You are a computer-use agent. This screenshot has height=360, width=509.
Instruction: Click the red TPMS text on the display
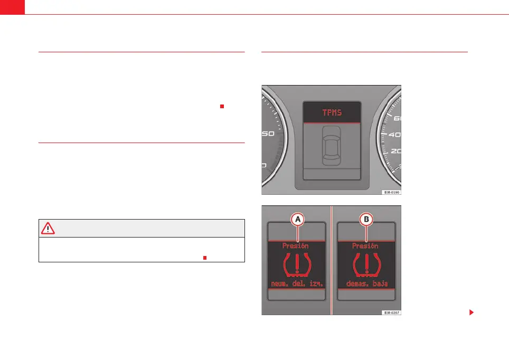(x=331, y=112)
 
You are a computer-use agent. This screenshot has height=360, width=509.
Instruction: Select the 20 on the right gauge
(x=395, y=151)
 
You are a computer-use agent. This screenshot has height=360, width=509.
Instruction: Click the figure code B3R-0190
(x=392, y=193)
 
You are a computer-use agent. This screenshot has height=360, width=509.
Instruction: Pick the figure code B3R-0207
(x=392, y=313)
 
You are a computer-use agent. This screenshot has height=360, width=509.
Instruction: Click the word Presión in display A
(x=296, y=245)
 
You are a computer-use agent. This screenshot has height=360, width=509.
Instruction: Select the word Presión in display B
(x=365, y=245)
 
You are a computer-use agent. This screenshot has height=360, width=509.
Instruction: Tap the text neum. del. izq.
(x=296, y=285)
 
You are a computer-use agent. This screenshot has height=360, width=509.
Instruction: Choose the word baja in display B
(x=379, y=284)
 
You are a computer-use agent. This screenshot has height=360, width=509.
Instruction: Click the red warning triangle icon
(x=48, y=228)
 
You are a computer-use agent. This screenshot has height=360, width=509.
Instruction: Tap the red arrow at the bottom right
(x=471, y=312)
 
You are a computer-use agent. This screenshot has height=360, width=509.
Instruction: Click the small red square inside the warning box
(x=204, y=258)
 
